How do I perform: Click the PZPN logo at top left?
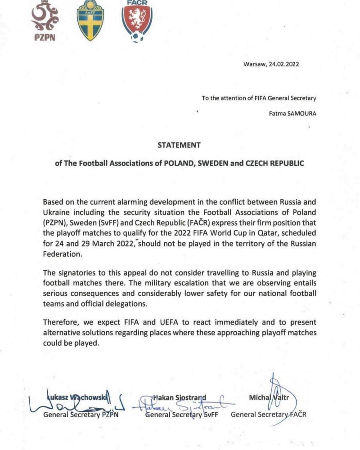(x=44, y=21)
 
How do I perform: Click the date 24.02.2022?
(x=284, y=64)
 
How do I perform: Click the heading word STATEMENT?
(x=179, y=145)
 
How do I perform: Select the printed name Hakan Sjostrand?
(x=180, y=397)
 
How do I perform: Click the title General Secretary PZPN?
(x=81, y=414)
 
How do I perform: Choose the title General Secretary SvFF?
(x=181, y=414)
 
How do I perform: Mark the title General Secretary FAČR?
(x=268, y=414)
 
